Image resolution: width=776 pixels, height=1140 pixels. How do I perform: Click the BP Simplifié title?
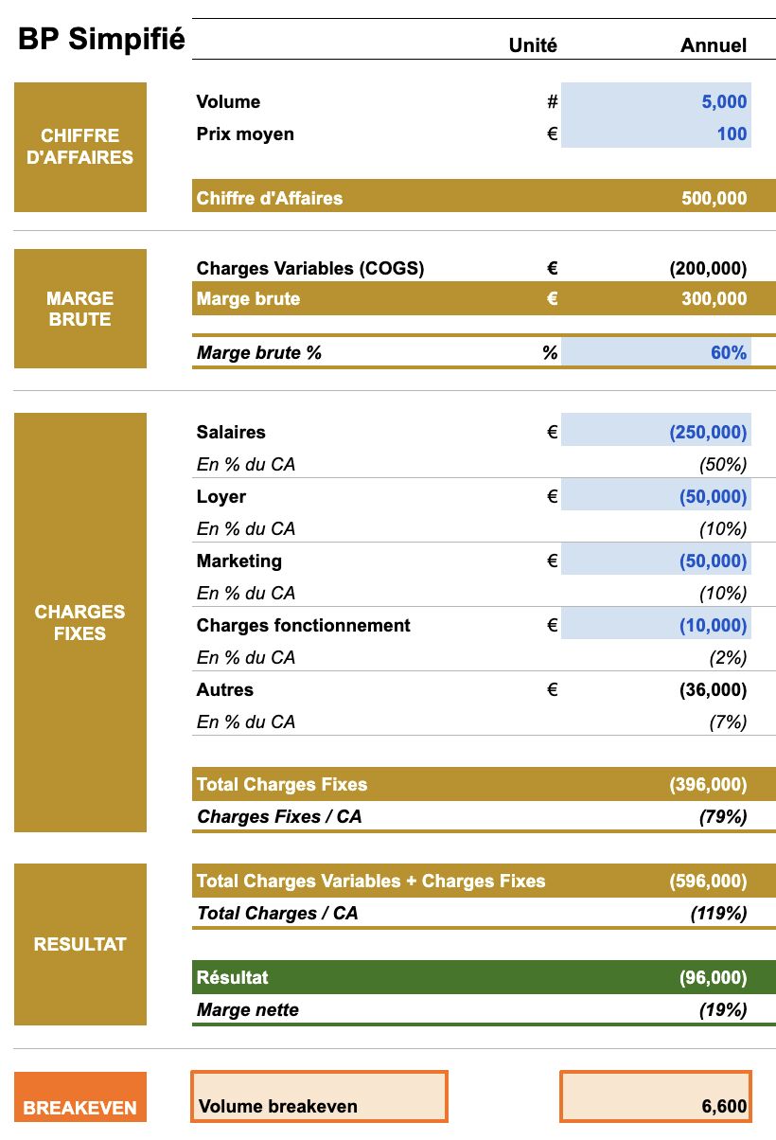(101, 41)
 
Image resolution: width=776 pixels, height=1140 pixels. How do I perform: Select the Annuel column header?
(714, 45)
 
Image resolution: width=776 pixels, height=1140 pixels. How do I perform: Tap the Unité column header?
(533, 45)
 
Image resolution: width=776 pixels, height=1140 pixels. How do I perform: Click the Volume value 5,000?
(724, 102)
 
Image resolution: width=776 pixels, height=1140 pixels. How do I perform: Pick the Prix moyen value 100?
(732, 134)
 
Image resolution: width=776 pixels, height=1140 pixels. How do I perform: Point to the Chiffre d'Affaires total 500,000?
(714, 199)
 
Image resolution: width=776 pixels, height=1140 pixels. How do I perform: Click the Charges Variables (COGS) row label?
(310, 269)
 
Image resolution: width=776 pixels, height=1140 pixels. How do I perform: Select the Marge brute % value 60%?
(729, 353)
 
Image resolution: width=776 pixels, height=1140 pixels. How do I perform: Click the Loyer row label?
(221, 497)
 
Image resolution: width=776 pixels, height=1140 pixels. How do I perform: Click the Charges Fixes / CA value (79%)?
(723, 816)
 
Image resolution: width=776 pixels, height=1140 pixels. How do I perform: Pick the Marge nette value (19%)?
(723, 1010)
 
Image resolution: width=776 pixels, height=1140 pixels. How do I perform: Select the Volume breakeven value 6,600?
(724, 1106)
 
